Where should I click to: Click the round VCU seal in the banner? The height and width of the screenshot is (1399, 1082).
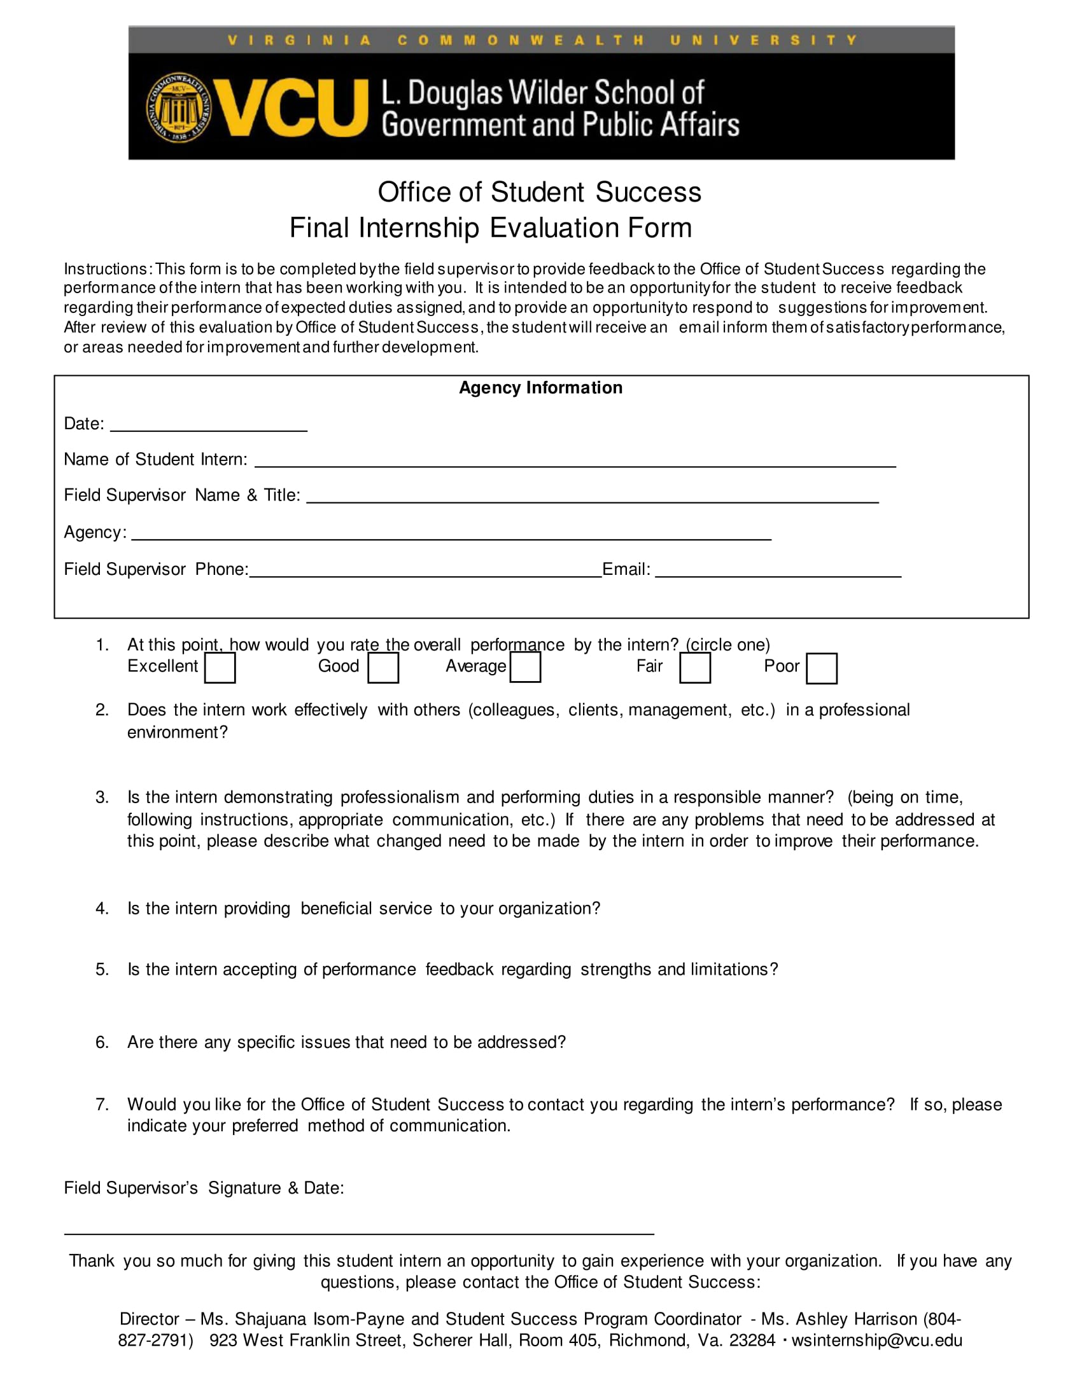[179, 107]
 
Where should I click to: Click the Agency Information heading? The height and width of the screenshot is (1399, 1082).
[540, 387]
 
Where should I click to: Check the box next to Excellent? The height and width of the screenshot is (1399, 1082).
[220, 668]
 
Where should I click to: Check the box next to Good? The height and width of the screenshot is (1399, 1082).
[383, 668]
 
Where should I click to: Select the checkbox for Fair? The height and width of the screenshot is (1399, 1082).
[695, 668]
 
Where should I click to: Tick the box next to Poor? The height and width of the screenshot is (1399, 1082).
[821, 668]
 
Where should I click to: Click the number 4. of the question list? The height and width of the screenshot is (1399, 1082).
[102, 908]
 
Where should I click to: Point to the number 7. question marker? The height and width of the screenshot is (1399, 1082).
[102, 1105]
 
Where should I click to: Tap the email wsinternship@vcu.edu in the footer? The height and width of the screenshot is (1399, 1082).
[876, 1340]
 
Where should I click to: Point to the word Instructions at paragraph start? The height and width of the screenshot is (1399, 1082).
[106, 269]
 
